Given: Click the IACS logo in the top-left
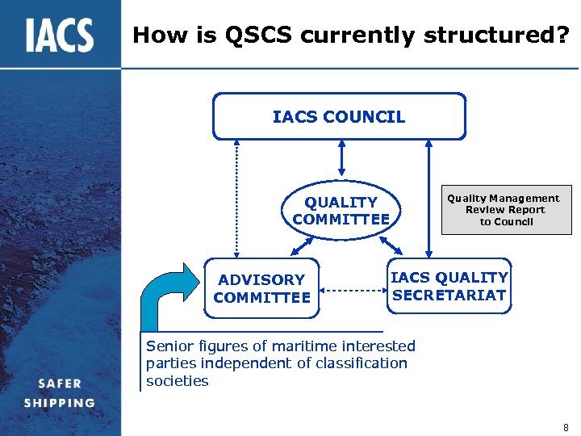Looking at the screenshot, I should pos(59,35).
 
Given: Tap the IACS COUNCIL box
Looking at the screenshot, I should pos(339,117).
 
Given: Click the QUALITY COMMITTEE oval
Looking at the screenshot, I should pos(341,211).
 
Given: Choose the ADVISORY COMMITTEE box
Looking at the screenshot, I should pos(262,288).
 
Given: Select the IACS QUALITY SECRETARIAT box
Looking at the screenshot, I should pos(449,287).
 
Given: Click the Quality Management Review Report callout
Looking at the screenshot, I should pos(503,210).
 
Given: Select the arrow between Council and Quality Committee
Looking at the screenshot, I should pos(341,157).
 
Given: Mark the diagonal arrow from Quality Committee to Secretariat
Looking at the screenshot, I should pos(391,244).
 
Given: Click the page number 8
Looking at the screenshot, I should pos(566,427).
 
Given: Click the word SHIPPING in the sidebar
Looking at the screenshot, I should pos(59,402).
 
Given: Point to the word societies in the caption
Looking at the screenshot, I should pos(177,381).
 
